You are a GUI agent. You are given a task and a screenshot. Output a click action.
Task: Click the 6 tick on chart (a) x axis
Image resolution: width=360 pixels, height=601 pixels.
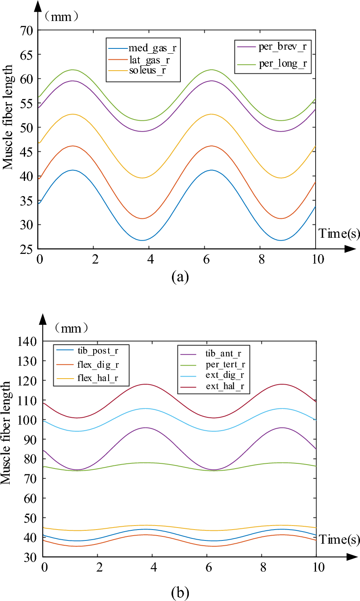click(x=206, y=259)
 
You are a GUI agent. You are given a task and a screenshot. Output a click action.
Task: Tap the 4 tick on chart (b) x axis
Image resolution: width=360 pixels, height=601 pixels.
click(x=154, y=567)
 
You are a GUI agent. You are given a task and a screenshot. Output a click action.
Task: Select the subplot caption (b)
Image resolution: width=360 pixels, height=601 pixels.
click(x=180, y=592)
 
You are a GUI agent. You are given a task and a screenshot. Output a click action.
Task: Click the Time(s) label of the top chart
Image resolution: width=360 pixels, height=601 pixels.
click(x=339, y=233)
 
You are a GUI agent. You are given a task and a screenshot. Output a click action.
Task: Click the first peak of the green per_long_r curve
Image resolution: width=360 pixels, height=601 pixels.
click(x=73, y=70)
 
